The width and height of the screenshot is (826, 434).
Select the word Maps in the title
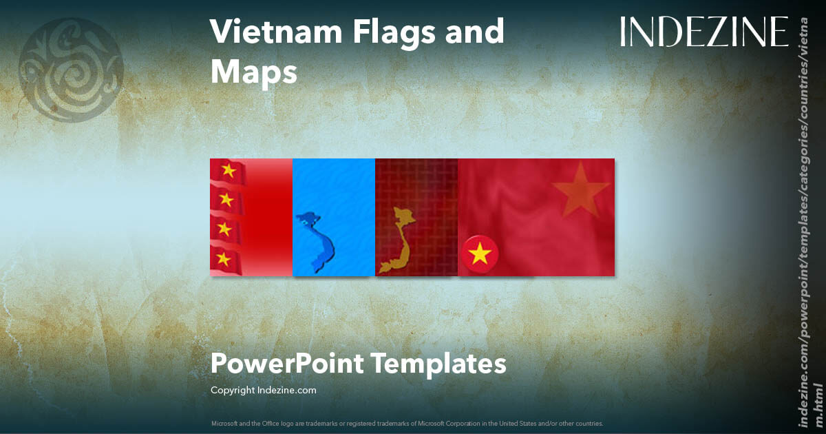[253, 71]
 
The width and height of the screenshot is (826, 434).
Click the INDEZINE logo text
[703, 32]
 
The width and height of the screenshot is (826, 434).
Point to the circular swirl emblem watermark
[71, 70]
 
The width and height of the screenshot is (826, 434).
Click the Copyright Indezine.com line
[263, 391]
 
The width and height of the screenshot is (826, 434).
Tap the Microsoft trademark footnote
[407, 423]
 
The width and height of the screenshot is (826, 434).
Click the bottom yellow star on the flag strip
[223, 259]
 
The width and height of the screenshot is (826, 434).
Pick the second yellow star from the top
[224, 200]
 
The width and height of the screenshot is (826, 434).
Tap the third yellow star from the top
[224, 229]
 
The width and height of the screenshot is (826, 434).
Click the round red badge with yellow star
[480, 255]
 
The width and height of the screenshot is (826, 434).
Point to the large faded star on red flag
[580, 187]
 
